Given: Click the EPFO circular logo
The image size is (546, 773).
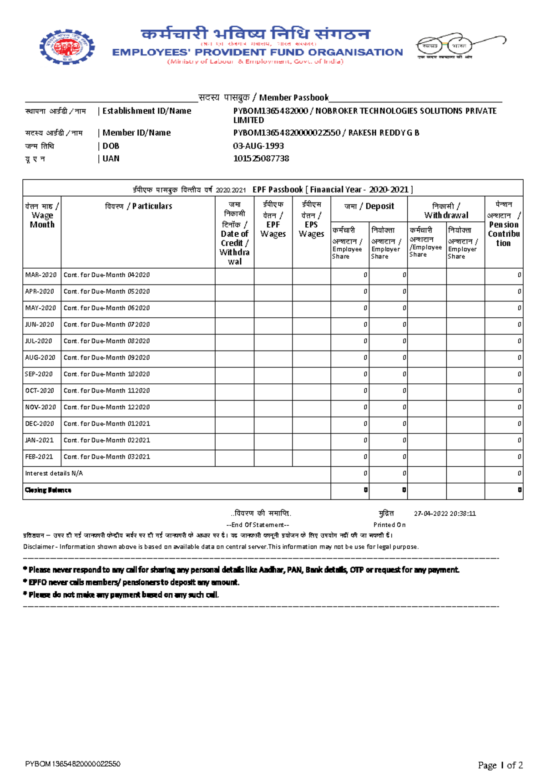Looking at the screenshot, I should click(67, 46).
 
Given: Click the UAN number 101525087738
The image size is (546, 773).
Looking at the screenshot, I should click(261, 158).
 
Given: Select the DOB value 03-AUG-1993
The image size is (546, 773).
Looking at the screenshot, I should click(258, 146).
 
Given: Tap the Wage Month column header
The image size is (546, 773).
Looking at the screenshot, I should click(42, 215).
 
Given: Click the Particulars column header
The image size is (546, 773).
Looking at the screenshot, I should click(138, 206).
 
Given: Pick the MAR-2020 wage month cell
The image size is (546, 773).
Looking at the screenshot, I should click(41, 275).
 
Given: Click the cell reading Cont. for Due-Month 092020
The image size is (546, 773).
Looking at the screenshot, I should click(106, 358).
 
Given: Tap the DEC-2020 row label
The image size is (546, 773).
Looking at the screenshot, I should click(40, 424).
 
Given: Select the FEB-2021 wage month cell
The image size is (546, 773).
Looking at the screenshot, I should click(39, 457).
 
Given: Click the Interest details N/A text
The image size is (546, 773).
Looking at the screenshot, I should click(54, 473).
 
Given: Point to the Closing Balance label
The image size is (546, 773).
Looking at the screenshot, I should click(48, 490).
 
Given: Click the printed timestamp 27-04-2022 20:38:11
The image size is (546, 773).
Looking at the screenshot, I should click(445, 514).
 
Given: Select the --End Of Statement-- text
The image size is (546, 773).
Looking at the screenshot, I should click(258, 525).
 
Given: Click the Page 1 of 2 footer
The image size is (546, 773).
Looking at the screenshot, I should click(500, 765).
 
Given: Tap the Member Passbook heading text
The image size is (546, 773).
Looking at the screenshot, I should click(293, 97).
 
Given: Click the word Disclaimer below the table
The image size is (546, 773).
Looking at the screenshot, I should click(39, 547).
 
